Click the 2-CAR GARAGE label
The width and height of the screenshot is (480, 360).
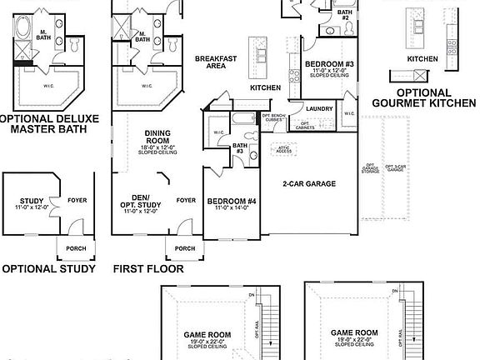coord(309,183)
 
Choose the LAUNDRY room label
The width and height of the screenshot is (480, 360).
coord(320,108)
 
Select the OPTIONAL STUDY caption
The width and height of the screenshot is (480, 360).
coord(47,269)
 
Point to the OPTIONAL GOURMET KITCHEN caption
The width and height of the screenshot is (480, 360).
coord(424,97)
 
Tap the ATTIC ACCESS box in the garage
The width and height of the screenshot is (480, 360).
coord(284,148)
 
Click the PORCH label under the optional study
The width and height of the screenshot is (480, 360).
coord(74,247)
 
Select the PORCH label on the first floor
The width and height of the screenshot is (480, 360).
coord(185,247)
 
